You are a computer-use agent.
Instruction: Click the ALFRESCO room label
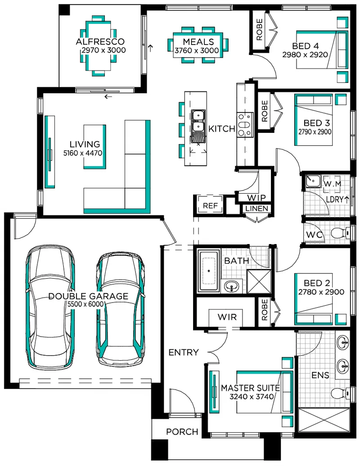(100, 41)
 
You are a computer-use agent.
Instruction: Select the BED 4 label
(306, 46)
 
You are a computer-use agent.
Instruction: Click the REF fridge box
(210, 205)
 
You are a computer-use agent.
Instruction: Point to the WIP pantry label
(256, 198)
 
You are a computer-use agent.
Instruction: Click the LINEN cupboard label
(257, 208)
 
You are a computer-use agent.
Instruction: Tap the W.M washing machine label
(333, 184)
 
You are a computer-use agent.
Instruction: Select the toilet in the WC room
(340, 232)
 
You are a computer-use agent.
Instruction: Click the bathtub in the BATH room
(209, 271)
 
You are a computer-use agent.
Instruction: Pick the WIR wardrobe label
(227, 317)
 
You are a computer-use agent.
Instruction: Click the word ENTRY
(184, 353)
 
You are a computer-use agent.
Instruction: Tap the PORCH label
(182, 431)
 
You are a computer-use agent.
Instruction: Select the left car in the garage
(50, 307)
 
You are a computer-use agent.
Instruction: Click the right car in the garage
(121, 309)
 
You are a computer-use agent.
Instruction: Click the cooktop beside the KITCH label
(245, 125)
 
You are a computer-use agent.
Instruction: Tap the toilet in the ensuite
(341, 394)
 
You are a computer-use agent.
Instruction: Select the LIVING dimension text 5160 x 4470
(83, 153)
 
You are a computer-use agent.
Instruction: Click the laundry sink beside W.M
(313, 181)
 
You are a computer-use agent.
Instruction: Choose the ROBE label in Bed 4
(259, 30)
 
